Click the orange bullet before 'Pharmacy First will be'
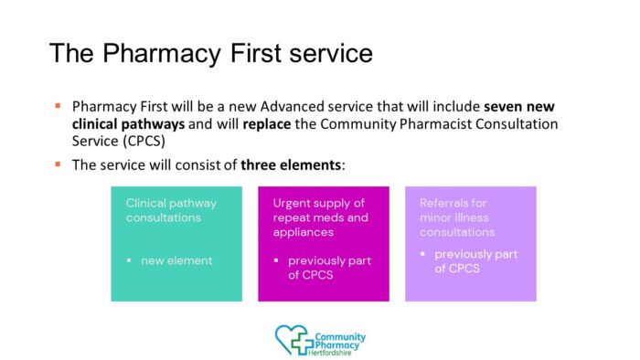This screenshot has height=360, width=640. (58, 106)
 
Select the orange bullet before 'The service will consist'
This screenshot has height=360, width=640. (58, 165)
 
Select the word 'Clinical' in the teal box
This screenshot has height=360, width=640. (147, 203)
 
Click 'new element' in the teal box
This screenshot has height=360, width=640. (176, 260)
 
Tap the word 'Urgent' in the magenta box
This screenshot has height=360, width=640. (293, 203)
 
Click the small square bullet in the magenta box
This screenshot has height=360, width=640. (277, 261)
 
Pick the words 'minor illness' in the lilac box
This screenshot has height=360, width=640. (455, 217)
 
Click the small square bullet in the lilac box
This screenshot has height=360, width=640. (424, 254)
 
